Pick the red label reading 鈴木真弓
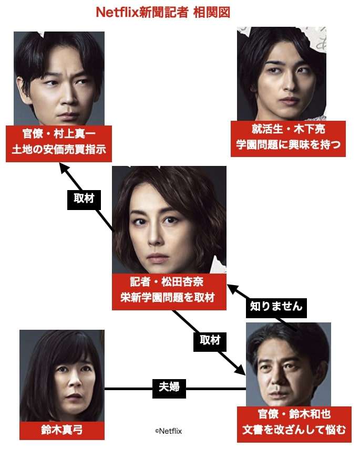(x=62, y=431)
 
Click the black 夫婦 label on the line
(x=169, y=388)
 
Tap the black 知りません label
(x=276, y=306)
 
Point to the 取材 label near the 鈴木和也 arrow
(x=210, y=340)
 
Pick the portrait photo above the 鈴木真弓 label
(x=62, y=375)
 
